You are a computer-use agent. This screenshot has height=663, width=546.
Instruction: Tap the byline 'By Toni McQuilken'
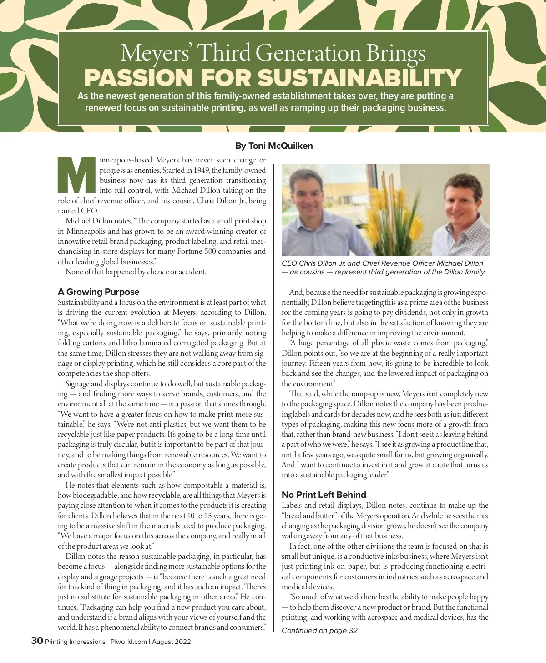[273, 146]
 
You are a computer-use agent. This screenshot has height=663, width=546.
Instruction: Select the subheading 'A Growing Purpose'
[98, 292]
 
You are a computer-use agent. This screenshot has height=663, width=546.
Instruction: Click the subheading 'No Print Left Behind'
[324, 495]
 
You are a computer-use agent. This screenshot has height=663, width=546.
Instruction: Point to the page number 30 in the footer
[37, 641]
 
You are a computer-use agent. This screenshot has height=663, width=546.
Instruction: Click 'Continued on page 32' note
[319, 630]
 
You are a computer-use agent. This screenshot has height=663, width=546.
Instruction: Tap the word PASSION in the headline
[139, 77]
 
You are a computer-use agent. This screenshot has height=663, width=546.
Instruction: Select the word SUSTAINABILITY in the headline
[360, 77]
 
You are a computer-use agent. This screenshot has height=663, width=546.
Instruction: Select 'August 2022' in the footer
[171, 642]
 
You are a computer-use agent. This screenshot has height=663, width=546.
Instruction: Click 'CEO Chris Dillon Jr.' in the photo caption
[313, 263]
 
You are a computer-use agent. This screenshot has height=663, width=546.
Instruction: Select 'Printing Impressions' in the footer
[75, 642]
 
